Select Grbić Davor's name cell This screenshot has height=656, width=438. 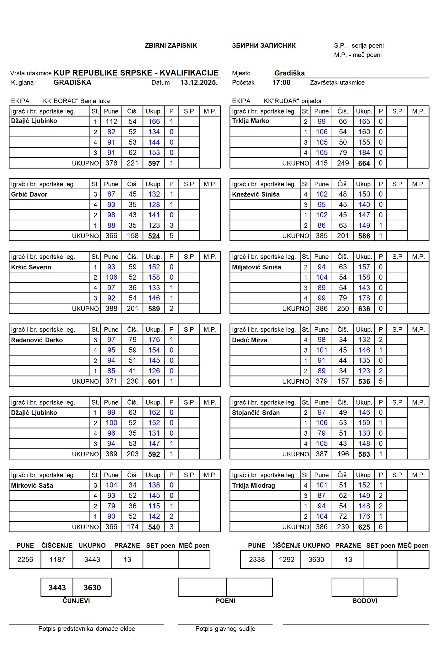pos(29,194)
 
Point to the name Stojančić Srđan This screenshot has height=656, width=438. pos(256,413)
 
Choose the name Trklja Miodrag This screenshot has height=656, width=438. pos(253,485)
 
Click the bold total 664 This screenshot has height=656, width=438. pos(364,163)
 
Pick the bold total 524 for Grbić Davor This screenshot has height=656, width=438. pos(154,236)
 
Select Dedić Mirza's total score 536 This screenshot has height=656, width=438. pos(364,382)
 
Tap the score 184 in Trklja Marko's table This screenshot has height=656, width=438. pos(364,153)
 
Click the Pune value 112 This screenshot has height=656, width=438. pos(111,121)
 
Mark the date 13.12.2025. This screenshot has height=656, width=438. pos(199,83)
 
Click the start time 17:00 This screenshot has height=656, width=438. pos(281,83)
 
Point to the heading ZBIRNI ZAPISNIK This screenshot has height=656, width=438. pos(171,46)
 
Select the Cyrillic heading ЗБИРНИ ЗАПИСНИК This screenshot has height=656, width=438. pos(264,46)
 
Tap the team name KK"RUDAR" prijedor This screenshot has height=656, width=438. pos(293,101)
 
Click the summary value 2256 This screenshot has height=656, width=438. pos(25,559)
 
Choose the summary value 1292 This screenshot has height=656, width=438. pos(287,559)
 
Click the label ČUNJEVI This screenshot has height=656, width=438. pos(76,601)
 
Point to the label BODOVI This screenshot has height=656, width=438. pos(365,601)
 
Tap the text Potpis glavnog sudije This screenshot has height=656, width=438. pos(225,629)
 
